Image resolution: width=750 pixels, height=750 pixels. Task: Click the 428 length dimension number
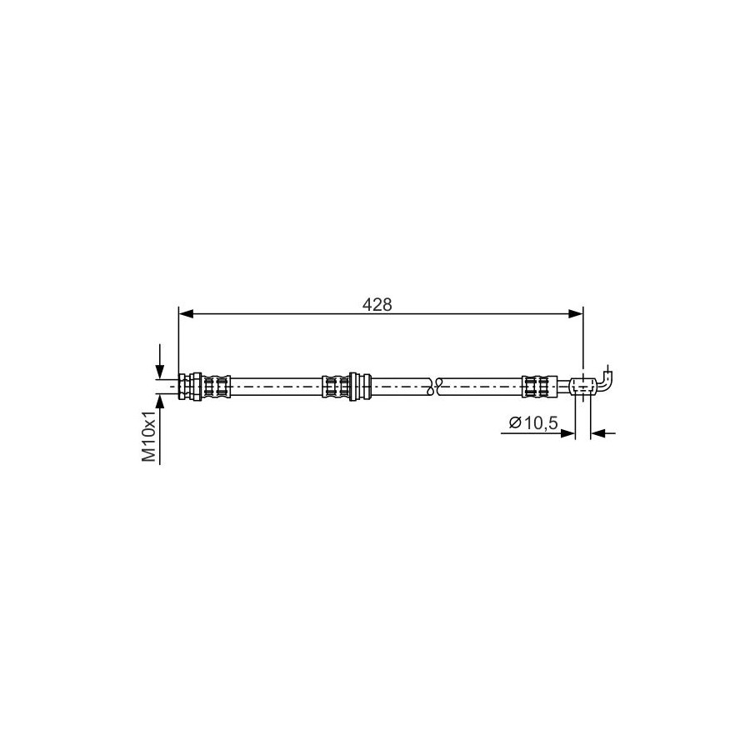(x=377, y=304)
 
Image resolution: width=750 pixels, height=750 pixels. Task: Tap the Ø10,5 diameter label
(x=534, y=422)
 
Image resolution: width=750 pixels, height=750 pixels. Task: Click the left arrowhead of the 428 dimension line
(x=186, y=313)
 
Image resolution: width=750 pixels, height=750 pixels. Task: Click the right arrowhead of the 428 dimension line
(x=576, y=313)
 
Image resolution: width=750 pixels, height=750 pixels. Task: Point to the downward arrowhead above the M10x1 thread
(x=160, y=371)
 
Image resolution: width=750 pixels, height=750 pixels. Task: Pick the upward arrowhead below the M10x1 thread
(x=160, y=402)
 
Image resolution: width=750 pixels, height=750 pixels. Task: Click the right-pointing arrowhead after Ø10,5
(x=567, y=433)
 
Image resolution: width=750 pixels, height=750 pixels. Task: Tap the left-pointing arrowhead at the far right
(x=599, y=433)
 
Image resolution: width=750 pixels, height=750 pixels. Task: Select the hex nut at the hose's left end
(x=189, y=387)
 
